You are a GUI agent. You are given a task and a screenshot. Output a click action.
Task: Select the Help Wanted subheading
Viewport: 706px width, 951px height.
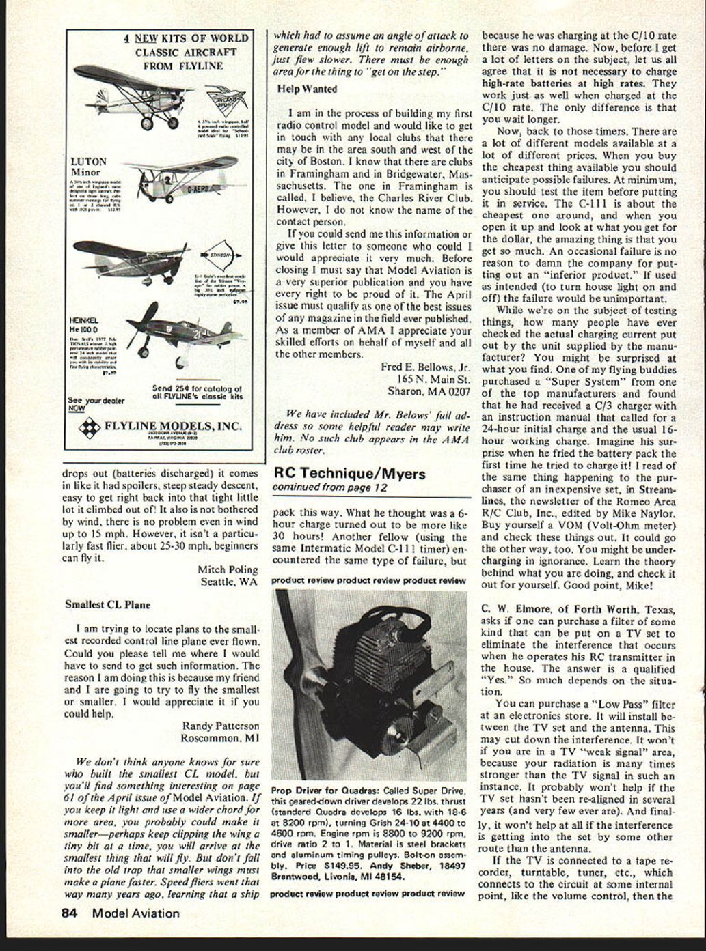point(307,89)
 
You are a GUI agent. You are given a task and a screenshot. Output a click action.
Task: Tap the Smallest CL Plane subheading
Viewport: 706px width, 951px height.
point(107,604)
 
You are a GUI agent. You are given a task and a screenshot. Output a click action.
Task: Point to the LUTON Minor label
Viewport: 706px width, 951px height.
point(89,167)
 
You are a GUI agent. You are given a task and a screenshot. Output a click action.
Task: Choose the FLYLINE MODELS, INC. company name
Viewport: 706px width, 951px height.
point(173,426)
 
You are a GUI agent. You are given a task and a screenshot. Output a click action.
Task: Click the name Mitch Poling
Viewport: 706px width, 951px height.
point(228,569)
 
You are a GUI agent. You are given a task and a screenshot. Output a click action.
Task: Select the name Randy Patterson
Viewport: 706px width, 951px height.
point(221,726)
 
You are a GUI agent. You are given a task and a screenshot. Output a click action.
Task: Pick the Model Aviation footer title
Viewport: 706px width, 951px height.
point(136,913)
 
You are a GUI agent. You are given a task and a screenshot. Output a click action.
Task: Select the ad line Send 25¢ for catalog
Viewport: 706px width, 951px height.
point(197,389)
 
